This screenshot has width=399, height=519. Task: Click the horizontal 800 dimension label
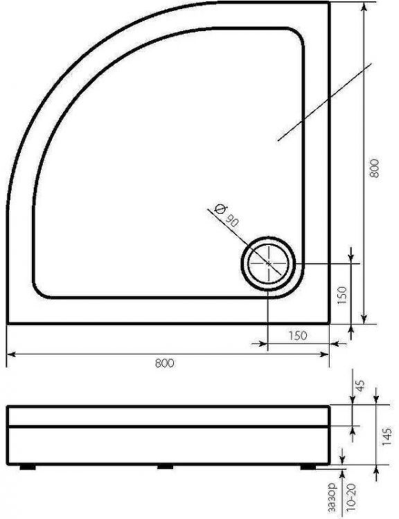164,363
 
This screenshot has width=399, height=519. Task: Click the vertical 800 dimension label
374,168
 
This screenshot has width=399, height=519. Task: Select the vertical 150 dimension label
342,295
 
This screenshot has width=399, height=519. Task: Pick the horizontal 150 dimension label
298,336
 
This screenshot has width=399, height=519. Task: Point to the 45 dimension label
360,385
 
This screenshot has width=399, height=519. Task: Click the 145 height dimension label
387,436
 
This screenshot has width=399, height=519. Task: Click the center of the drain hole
269,264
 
